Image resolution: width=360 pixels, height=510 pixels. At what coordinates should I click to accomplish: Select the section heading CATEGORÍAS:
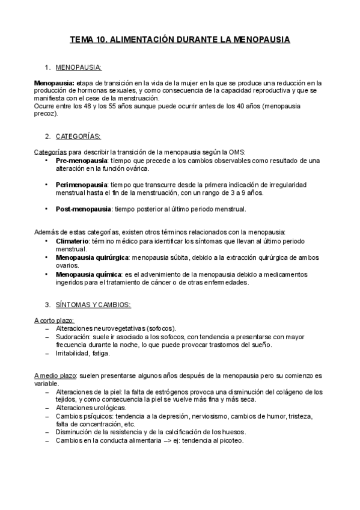click(78, 137)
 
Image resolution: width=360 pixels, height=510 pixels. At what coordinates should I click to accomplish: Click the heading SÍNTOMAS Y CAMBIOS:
click(97, 305)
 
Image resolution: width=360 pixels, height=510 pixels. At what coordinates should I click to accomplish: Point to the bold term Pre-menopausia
click(82, 161)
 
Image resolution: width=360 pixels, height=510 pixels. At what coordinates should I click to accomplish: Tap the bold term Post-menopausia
click(84, 209)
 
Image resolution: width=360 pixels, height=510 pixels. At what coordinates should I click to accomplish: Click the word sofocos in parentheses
click(161, 329)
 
